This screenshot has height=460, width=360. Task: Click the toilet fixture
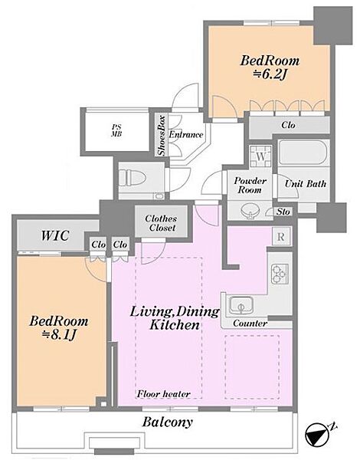click(133, 178)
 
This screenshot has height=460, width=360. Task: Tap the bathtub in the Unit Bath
click(303, 153)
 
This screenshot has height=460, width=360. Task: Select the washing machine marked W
click(260, 156)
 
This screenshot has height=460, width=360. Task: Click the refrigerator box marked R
click(281, 236)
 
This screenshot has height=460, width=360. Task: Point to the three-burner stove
click(280, 274)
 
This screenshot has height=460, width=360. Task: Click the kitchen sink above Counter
click(241, 305)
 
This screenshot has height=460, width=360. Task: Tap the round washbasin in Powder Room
click(250, 210)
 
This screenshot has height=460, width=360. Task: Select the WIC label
click(55, 235)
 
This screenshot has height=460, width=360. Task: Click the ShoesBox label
click(162, 135)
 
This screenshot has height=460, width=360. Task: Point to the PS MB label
click(116, 131)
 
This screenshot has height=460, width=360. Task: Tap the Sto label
click(283, 212)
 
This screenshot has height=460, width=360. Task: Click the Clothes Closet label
click(161, 223)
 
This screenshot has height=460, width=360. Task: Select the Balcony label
click(168, 422)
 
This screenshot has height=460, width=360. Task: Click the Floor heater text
click(164, 394)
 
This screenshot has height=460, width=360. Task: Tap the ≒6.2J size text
click(270, 75)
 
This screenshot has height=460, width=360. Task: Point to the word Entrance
click(186, 135)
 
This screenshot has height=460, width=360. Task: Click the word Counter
click(250, 324)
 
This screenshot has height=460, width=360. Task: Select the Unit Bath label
click(306, 184)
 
